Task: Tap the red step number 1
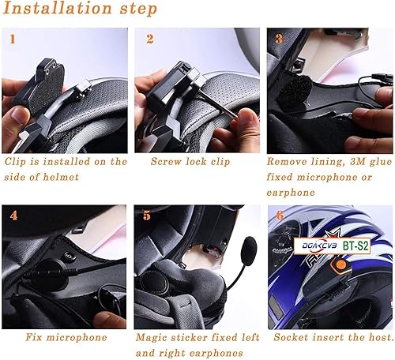click(x=12, y=38)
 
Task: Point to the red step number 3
click(x=278, y=38)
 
